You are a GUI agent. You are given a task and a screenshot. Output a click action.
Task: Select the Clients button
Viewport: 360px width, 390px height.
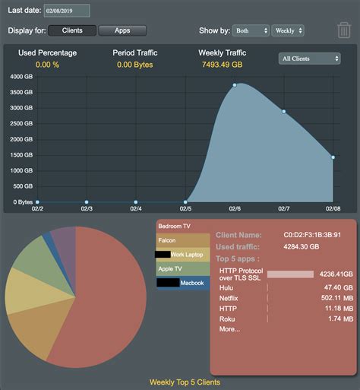click(72, 30)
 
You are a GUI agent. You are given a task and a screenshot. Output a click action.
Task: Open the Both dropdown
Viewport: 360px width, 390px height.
click(251, 30)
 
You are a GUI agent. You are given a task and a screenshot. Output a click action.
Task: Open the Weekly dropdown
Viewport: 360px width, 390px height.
click(289, 30)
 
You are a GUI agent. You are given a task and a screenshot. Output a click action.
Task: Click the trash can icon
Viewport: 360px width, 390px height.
click(343, 30)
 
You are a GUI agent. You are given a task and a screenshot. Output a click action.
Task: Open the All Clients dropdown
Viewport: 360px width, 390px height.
click(310, 59)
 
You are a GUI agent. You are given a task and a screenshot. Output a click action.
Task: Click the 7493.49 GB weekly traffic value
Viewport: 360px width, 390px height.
click(222, 65)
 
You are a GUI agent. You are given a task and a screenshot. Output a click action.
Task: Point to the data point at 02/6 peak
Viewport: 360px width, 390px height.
click(235, 85)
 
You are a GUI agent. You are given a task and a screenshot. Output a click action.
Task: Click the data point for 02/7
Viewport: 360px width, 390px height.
click(284, 112)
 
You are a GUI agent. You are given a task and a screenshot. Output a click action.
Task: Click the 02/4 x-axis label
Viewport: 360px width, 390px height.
click(136, 208)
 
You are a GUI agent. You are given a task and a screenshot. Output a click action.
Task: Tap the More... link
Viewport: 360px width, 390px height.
click(229, 329)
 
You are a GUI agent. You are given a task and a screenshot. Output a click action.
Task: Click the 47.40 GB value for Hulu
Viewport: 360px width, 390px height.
click(337, 288)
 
